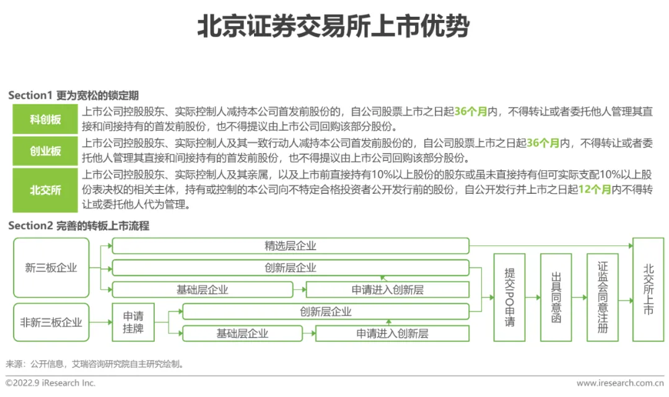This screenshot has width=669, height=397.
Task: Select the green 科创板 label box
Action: click(x=45, y=120)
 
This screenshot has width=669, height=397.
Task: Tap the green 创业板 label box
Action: click(x=45, y=151)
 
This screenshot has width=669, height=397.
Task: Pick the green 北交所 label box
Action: click(x=45, y=190)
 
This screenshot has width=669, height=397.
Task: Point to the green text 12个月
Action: click(x=594, y=191)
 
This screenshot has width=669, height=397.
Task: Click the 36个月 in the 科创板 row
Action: click(x=471, y=112)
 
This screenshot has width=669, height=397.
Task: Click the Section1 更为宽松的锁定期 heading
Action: click(x=73, y=95)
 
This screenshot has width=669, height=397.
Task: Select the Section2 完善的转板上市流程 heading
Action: click(x=79, y=226)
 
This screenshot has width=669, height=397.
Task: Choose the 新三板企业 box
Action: click(x=51, y=268)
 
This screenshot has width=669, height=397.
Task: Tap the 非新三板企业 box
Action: click(x=51, y=322)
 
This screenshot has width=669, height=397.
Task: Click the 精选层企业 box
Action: click(x=290, y=246)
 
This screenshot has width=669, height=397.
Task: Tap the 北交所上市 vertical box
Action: click(x=648, y=289)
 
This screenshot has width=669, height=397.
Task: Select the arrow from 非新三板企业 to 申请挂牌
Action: click(x=101, y=322)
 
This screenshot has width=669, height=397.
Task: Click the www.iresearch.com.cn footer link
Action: click(x=619, y=383)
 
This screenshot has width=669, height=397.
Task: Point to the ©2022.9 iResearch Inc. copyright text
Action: click(x=51, y=383)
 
